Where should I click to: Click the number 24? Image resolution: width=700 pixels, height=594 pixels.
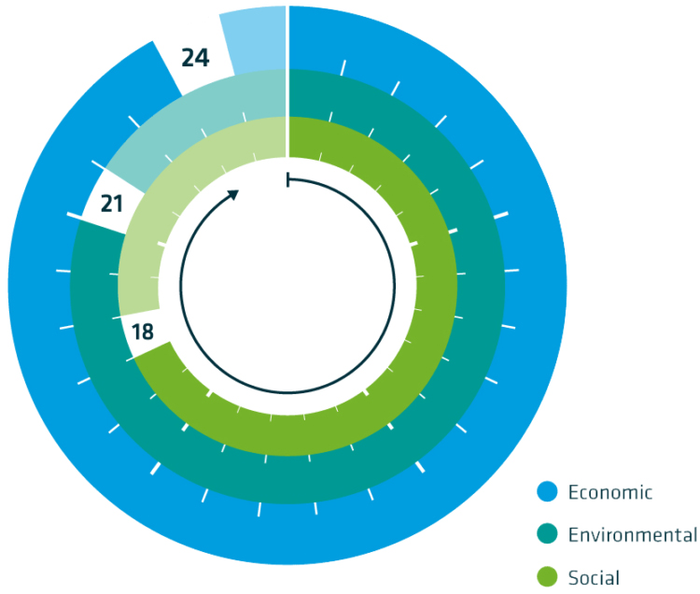(x=195, y=58)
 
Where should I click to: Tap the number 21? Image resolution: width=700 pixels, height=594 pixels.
(x=112, y=201)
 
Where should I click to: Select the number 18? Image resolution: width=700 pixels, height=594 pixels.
(x=142, y=332)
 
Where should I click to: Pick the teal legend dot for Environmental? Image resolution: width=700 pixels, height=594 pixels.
(x=547, y=535)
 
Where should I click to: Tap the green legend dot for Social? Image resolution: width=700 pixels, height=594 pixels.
(x=547, y=577)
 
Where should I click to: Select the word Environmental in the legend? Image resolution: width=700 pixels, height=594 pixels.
(x=632, y=535)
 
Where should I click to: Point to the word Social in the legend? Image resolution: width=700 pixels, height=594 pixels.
(x=594, y=578)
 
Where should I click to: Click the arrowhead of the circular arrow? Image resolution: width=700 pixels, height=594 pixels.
(x=233, y=193)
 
